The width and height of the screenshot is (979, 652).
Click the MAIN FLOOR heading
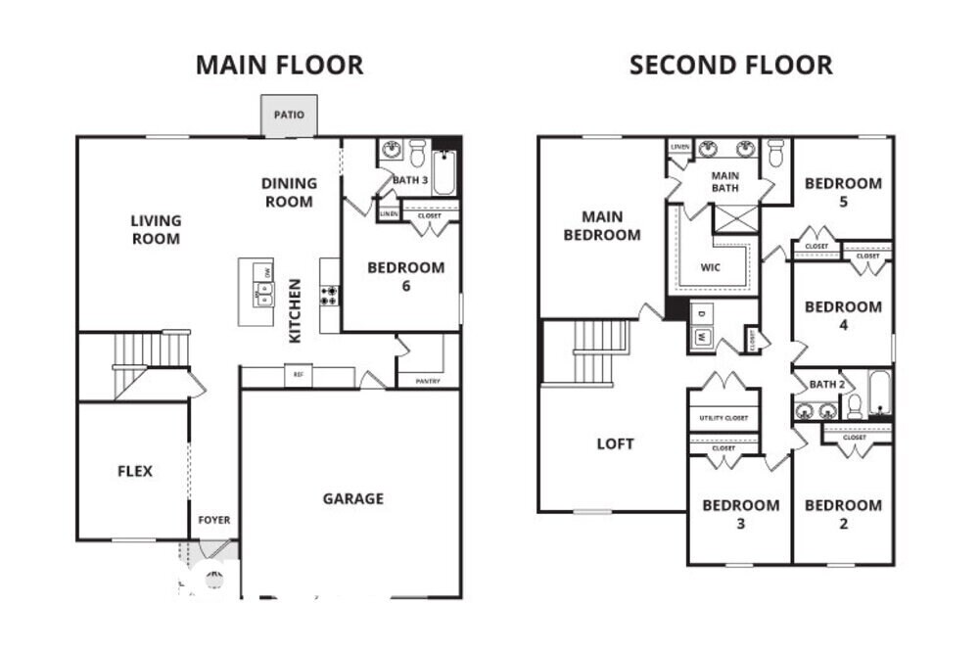tap(279, 66)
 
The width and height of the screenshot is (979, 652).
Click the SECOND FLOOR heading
tap(730, 66)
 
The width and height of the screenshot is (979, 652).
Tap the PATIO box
tap(289, 116)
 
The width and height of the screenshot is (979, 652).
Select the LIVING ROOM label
tap(156, 230)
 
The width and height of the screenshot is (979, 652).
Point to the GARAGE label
tap(353, 499)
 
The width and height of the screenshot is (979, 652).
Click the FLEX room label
tap(135, 471)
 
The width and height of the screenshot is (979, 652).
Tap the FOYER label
tap(214, 520)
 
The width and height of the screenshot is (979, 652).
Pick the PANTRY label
tap(428, 381)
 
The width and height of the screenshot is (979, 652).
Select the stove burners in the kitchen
tap(330, 295)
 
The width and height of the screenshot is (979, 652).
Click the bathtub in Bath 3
tap(444, 173)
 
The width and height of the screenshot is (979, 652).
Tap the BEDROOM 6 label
tap(405, 276)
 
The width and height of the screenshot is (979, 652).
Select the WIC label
tap(711, 266)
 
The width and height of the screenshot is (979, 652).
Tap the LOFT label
tap(615, 443)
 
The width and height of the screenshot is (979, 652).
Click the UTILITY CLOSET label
tap(723, 418)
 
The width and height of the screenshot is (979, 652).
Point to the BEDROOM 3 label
tap(740, 514)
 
